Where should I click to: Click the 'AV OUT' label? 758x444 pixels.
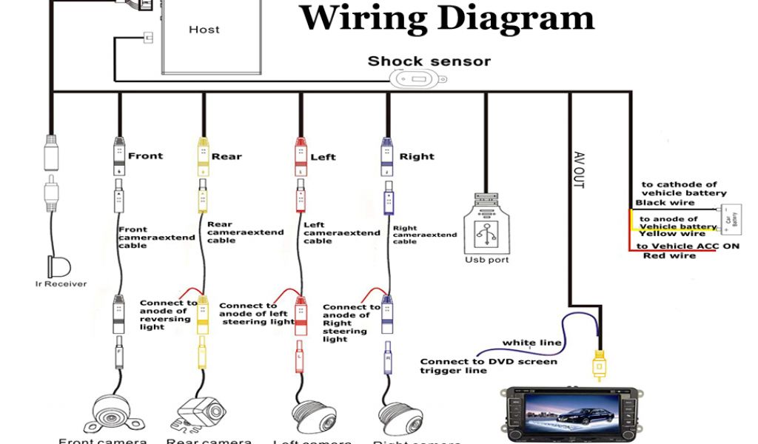pyautogui.click(x=579, y=169)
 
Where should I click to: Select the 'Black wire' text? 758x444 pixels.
pyautogui.click(x=665, y=202)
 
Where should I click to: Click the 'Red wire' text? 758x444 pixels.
pyautogui.click(x=669, y=256)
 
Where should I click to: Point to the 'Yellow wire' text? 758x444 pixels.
pyautogui.click(x=672, y=234)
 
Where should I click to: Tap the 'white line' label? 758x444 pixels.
pyautogui.click(x=531, y=343)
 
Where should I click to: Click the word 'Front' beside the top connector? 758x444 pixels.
pyautogui.click(x=145, y=156)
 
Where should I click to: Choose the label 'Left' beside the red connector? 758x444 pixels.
pyautogui.click(x=323, y=157)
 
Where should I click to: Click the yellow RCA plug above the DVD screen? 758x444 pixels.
pyautogui.click(x=598, y=364)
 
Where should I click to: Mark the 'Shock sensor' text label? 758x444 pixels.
pyautogui.click(x=429, y=61)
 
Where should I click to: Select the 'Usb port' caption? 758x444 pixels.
pyautogui.click(x=487, y=260)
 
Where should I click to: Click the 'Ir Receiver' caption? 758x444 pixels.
pyautogui.click(x=61, y=283)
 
